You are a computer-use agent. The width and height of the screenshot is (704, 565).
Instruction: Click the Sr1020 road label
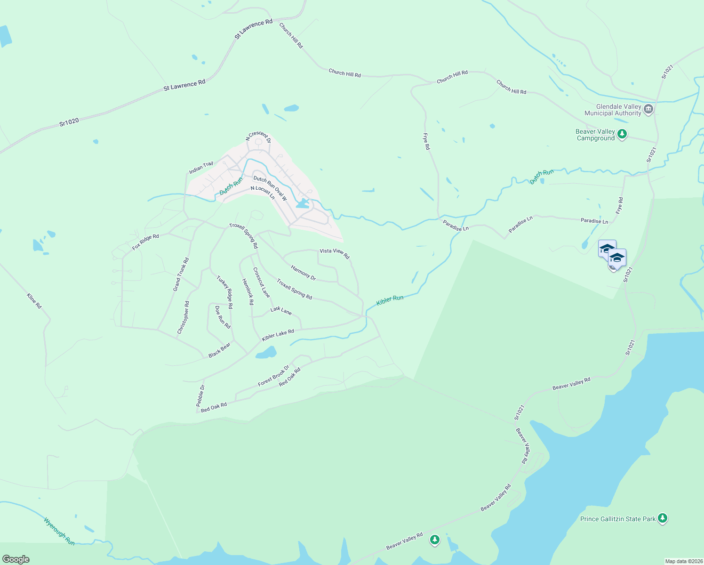(69, 122)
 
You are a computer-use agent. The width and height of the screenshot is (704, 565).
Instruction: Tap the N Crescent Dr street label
(258, 137)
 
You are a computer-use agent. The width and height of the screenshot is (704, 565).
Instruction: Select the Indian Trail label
(201, 168)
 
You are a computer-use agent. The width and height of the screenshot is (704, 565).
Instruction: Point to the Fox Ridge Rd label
(145, 242)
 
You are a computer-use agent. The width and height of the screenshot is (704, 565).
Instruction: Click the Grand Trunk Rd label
(181, 274)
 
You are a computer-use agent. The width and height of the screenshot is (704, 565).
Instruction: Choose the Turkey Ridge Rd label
(224, 292)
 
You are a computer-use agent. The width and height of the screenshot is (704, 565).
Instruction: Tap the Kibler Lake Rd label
(278, 335)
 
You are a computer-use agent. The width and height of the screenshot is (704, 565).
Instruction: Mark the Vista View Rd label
(335, 253)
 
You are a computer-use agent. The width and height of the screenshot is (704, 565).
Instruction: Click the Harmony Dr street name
(303, 273)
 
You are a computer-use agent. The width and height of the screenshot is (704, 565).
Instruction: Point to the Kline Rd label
(34, 301)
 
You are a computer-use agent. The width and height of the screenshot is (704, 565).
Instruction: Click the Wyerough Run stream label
(59, 532)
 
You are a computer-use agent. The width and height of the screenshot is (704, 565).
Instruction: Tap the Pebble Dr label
(201, 395)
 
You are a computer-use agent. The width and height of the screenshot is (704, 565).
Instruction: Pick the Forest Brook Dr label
(274, 376)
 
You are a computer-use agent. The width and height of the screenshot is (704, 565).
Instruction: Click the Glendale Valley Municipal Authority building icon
(648, 110)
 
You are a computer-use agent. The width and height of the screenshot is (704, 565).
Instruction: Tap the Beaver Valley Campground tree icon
(622, 135)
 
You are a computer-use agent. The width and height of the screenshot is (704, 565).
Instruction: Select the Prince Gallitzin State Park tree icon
(663, 518)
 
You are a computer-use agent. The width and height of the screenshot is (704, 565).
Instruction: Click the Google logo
(16, 559)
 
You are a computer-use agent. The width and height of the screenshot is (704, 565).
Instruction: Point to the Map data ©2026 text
(683, 561)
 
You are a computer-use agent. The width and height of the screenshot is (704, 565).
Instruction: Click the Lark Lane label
(281, 310)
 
